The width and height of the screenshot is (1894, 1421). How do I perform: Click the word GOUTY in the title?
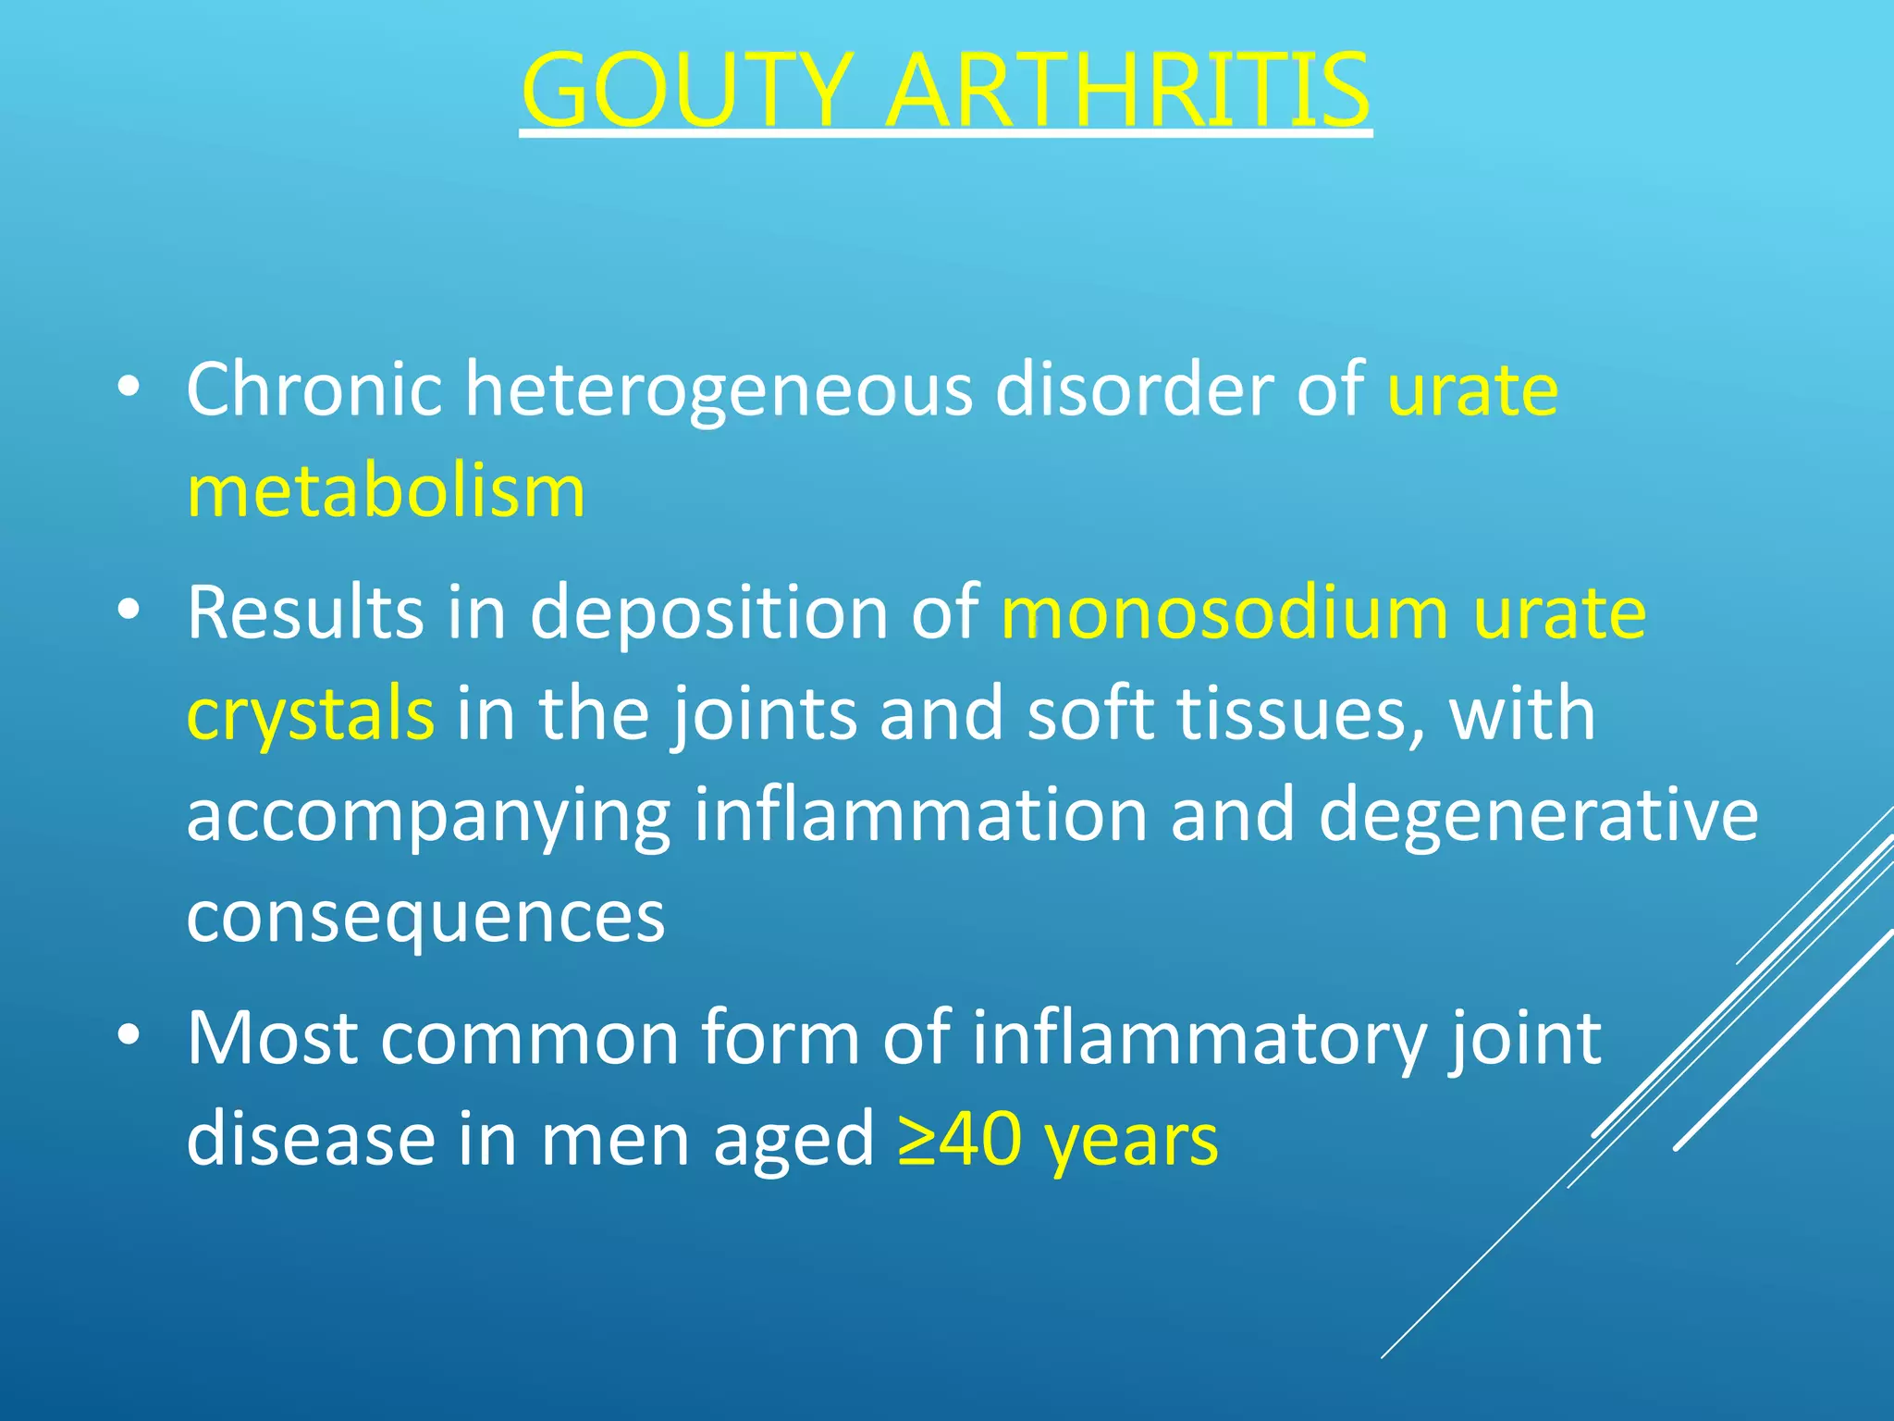(684, 91)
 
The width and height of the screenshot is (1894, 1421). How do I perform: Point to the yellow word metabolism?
(386, 491)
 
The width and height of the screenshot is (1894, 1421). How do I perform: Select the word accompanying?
(428, 817)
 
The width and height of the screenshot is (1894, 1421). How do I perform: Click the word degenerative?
(1538, 815)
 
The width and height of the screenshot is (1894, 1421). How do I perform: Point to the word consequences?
(425, 916)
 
